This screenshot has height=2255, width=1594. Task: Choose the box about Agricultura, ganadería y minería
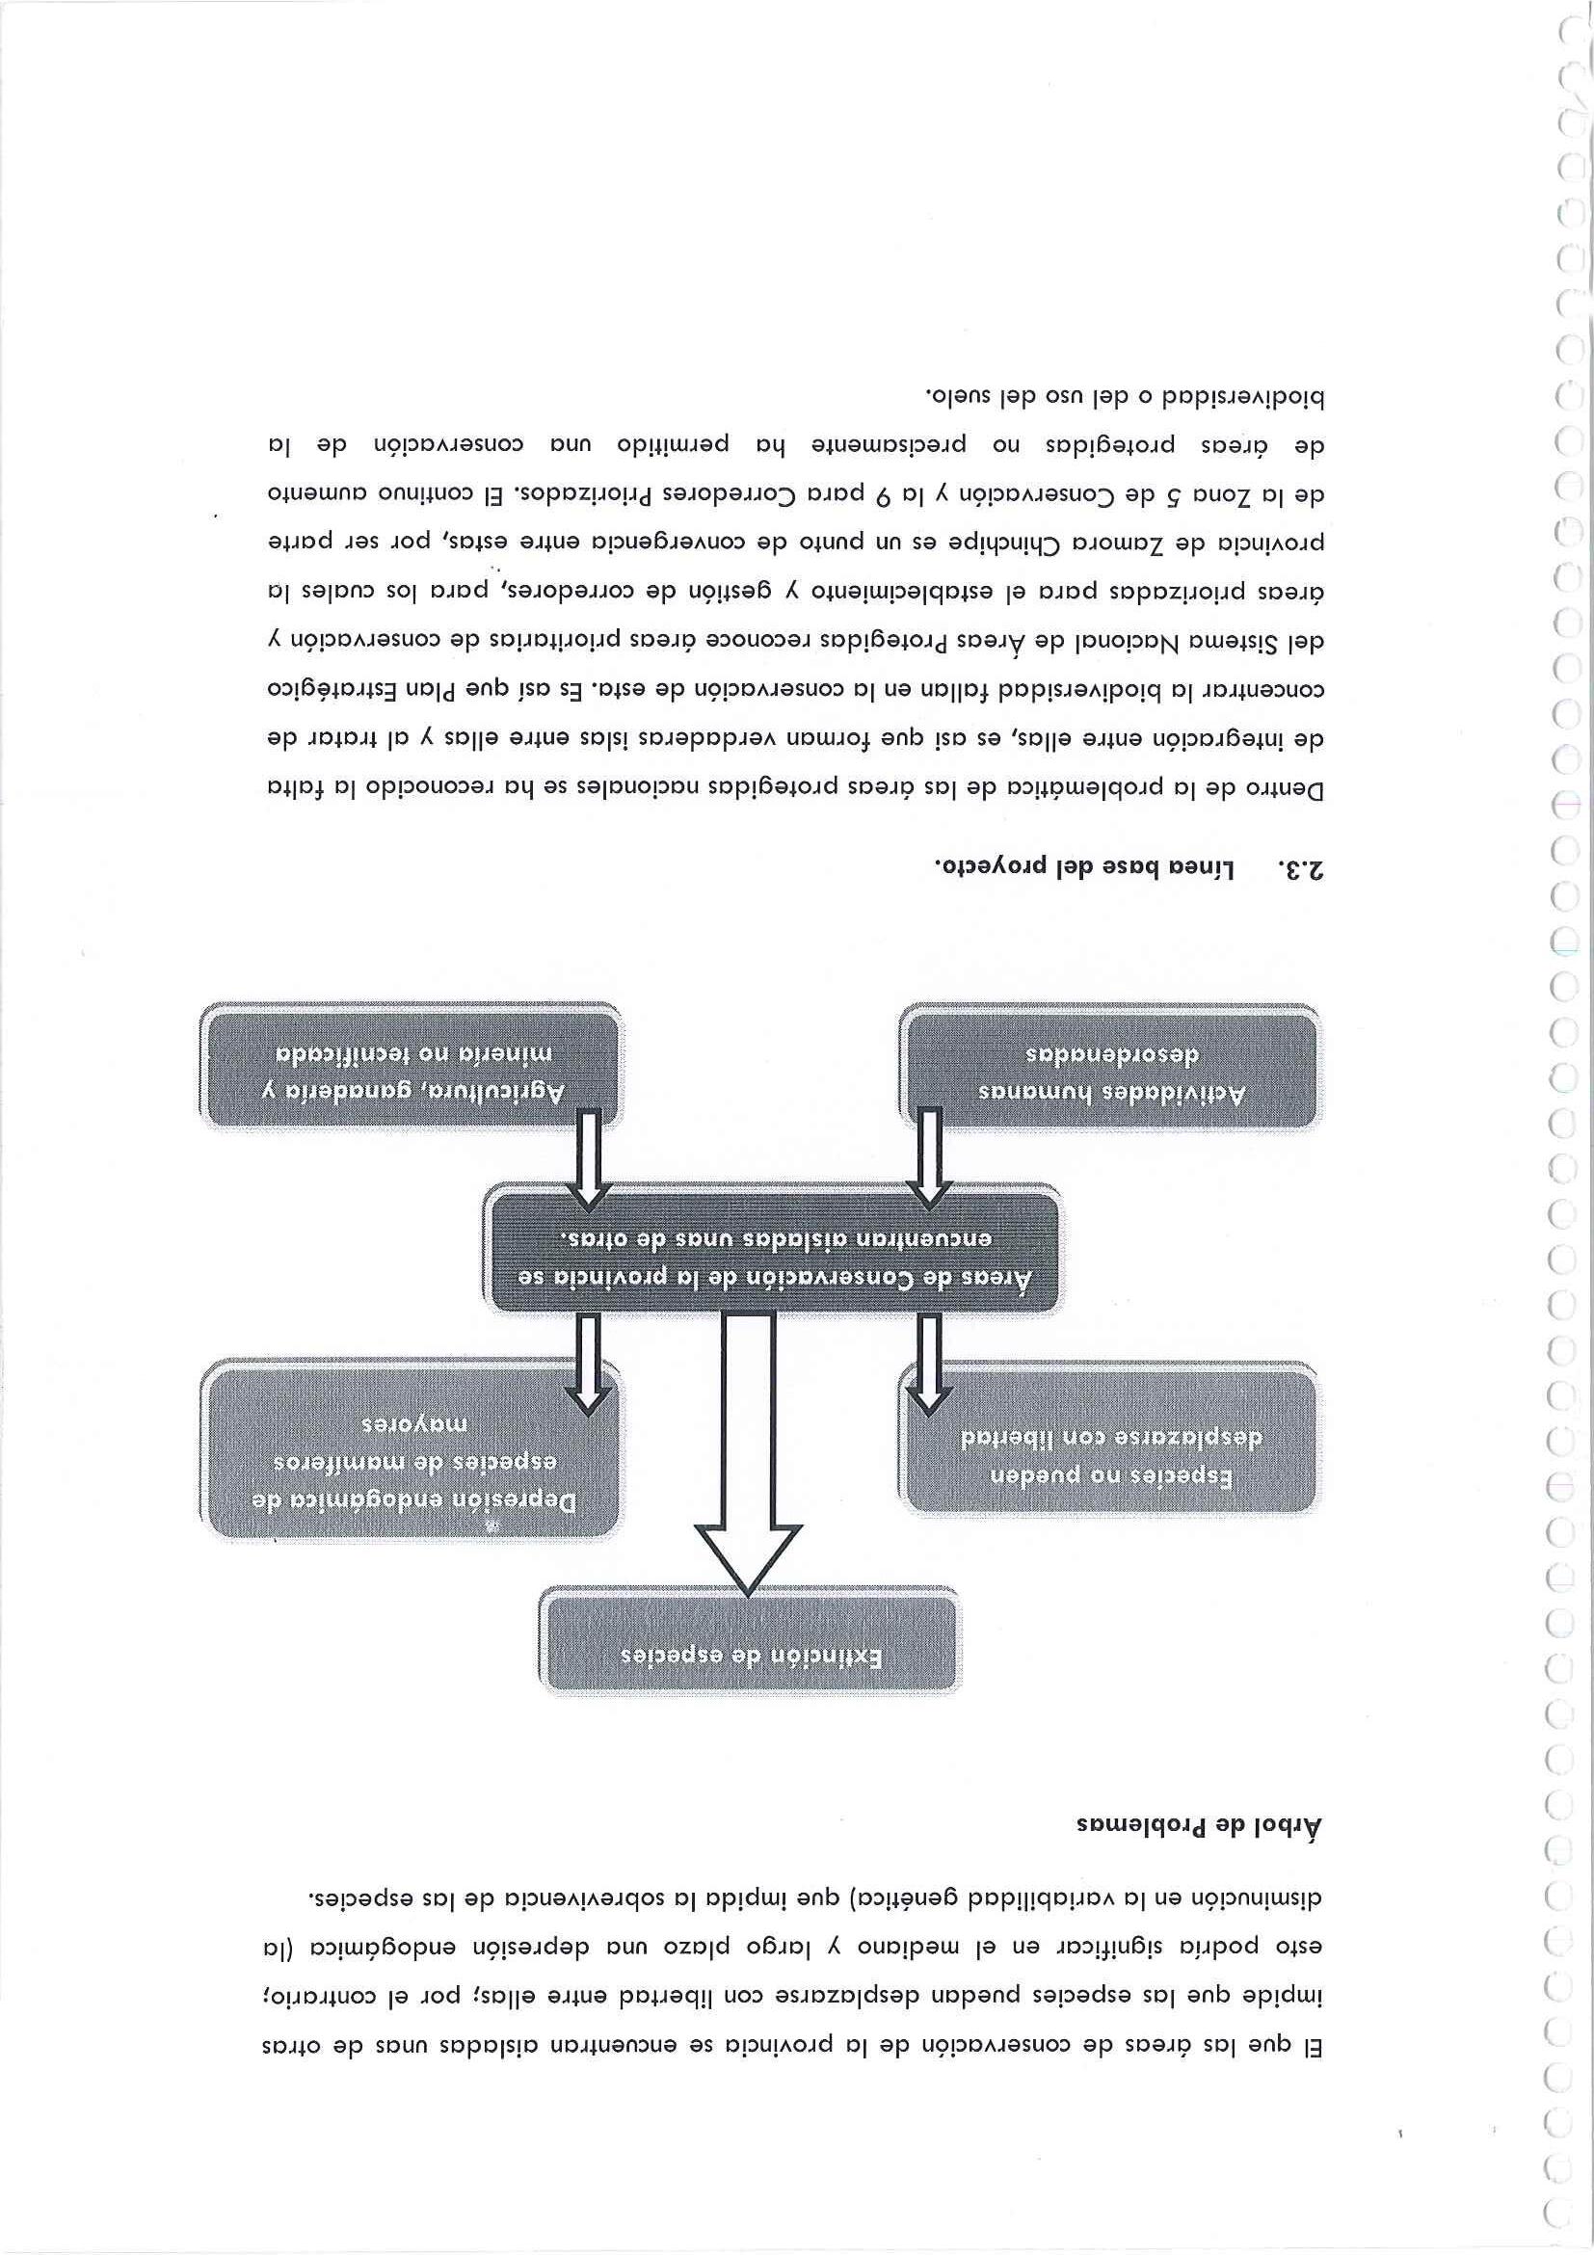(x=412, y=1070)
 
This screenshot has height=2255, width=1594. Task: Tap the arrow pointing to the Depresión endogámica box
(x=587, y=1366)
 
